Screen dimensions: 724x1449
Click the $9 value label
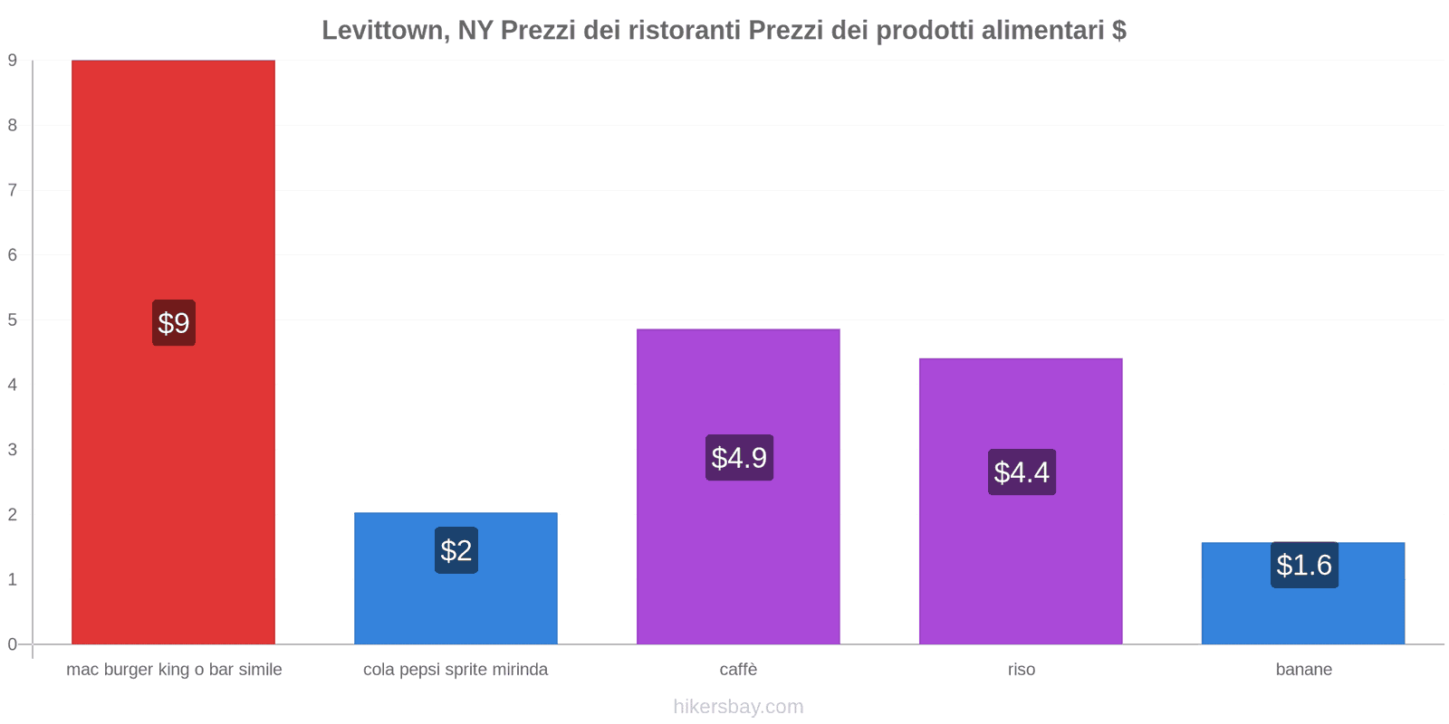tap(173, 323)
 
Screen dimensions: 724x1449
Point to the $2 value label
tap(456, 550)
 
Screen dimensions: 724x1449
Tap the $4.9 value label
tap(739, 458)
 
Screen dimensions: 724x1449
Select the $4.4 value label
tap(1022, 472)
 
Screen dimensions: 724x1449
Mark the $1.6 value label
tap(1304, 565)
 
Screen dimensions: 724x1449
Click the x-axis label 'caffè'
tap(738, 670)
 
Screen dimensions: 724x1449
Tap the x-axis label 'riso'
tap(1022, 670)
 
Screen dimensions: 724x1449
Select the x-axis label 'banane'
tap(1303, 670)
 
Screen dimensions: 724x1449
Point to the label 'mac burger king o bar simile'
tap(174, 670)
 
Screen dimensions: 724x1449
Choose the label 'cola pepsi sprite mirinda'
tap(456, 670)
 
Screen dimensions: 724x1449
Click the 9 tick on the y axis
tap(13, 61)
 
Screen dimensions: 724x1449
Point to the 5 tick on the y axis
tap(13, 320)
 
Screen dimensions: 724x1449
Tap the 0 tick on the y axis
tap(13, 644)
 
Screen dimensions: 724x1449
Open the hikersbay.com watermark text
tap(738, 707)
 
